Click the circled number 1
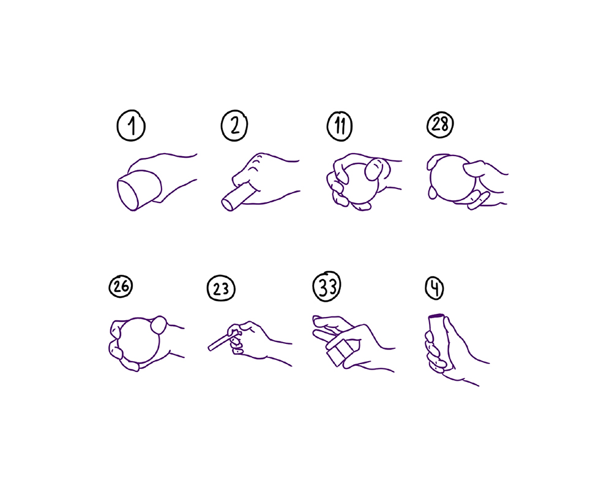pyautogui.click(x=131, y=125)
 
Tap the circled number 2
pyautogui.click(x=234, y=125)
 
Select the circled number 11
pyautogui.click(x=340, y=126)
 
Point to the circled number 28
pyautogui.click(x=440, y=125)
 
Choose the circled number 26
pyautogui.click(x=121, y=286)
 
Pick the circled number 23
pyautogui.click(x=221, y=288)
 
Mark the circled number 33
pyautogui.click(x=327, y=287)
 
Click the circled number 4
pyautogui.click(x=435, y=288)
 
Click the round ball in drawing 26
pyautogui.click(x=139, y=340)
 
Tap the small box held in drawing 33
pyautogui.click(x=340, y=352)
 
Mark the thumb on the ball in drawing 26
pyautogui.click(x=159, y=325)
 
